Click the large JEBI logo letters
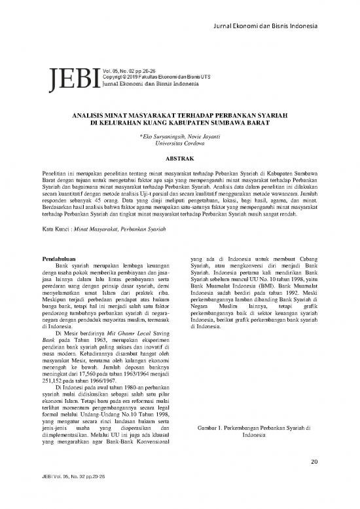pyautogui.click(x=73, y=77)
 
